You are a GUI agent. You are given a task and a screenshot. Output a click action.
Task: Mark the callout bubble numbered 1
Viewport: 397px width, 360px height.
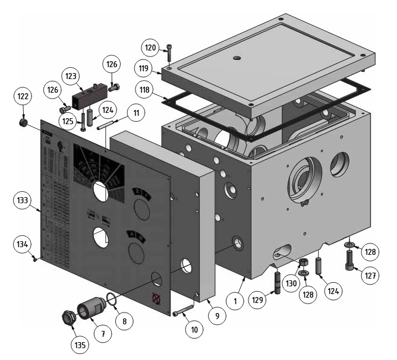(x=235, y=302)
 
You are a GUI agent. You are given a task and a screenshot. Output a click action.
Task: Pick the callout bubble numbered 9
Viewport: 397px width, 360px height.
(x=217, y=316)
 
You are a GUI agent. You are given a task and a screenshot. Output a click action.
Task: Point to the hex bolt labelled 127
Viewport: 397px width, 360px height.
(x=349, y=260)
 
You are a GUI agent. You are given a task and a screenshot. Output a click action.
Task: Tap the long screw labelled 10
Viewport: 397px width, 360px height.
(x=182, y=311)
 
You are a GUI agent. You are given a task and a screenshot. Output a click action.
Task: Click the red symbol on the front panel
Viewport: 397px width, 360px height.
(x=156, y=298)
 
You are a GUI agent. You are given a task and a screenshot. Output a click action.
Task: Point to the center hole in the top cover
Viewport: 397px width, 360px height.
(x=237, y=58)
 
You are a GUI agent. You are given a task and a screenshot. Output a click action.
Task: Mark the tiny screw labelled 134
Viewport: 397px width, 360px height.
(x=36, y=258)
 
